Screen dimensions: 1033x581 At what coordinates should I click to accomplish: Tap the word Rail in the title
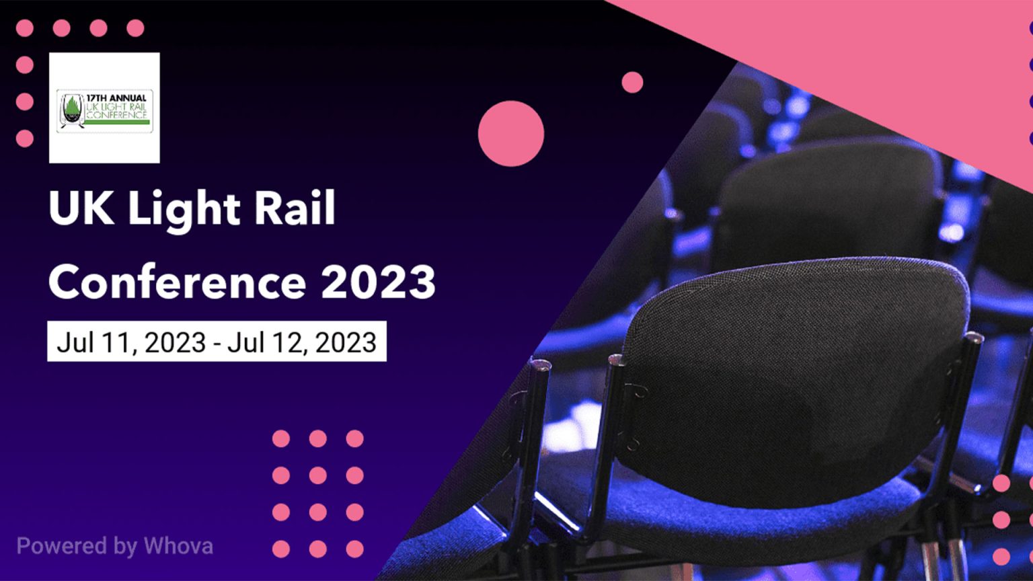295,208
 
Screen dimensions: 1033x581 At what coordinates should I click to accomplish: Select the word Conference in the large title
177,281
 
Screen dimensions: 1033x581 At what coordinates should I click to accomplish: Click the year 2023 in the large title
378,282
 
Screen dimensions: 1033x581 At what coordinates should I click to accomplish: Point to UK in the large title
81,208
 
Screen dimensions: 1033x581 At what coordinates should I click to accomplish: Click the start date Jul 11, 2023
131,342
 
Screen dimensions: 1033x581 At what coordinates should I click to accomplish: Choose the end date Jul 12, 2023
302,342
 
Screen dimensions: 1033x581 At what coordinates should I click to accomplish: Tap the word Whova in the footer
178,546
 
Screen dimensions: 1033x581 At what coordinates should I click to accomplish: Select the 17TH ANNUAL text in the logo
116,98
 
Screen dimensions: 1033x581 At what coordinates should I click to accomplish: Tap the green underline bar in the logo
117,122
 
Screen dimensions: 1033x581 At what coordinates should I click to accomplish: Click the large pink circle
511,134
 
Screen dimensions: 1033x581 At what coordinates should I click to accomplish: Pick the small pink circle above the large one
632,83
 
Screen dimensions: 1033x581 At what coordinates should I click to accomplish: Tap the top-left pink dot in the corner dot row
25,28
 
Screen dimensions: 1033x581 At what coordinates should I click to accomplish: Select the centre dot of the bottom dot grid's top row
317,438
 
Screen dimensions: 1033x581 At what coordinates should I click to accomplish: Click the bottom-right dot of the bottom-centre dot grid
354,549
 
